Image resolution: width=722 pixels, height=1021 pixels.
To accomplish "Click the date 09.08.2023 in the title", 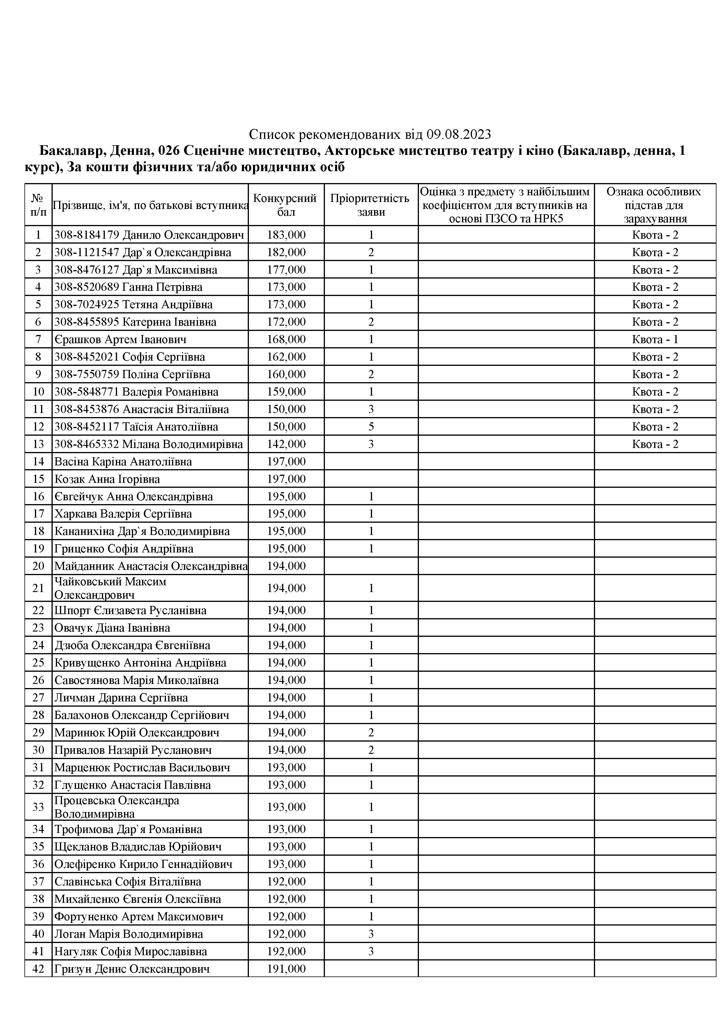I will [459, 134].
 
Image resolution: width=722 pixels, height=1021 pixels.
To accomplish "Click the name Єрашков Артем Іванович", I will [120, 339].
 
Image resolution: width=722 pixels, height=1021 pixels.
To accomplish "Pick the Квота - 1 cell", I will [655, 339].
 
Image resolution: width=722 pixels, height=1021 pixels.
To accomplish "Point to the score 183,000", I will [286, 235].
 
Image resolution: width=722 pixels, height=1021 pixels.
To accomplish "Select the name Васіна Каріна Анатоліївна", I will [123, 462].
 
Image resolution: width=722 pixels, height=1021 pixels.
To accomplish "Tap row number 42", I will [38, 969].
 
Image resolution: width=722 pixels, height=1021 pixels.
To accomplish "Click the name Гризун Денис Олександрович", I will [132, 969].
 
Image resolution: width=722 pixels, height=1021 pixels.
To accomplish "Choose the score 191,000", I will [286, 969].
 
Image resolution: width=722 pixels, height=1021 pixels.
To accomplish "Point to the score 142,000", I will [286, 444].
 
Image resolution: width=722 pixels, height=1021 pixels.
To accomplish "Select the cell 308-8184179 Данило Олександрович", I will [149, 235].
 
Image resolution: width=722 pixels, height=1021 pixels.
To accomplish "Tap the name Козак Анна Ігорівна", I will [107, 479].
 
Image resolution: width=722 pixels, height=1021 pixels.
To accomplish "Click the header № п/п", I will [38, 205].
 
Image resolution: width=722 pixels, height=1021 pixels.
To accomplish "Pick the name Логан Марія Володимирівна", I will [129, 934].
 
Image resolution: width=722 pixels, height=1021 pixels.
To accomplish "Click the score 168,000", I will [286, 339].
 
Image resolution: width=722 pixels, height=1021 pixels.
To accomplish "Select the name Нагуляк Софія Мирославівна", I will [130, 952].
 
